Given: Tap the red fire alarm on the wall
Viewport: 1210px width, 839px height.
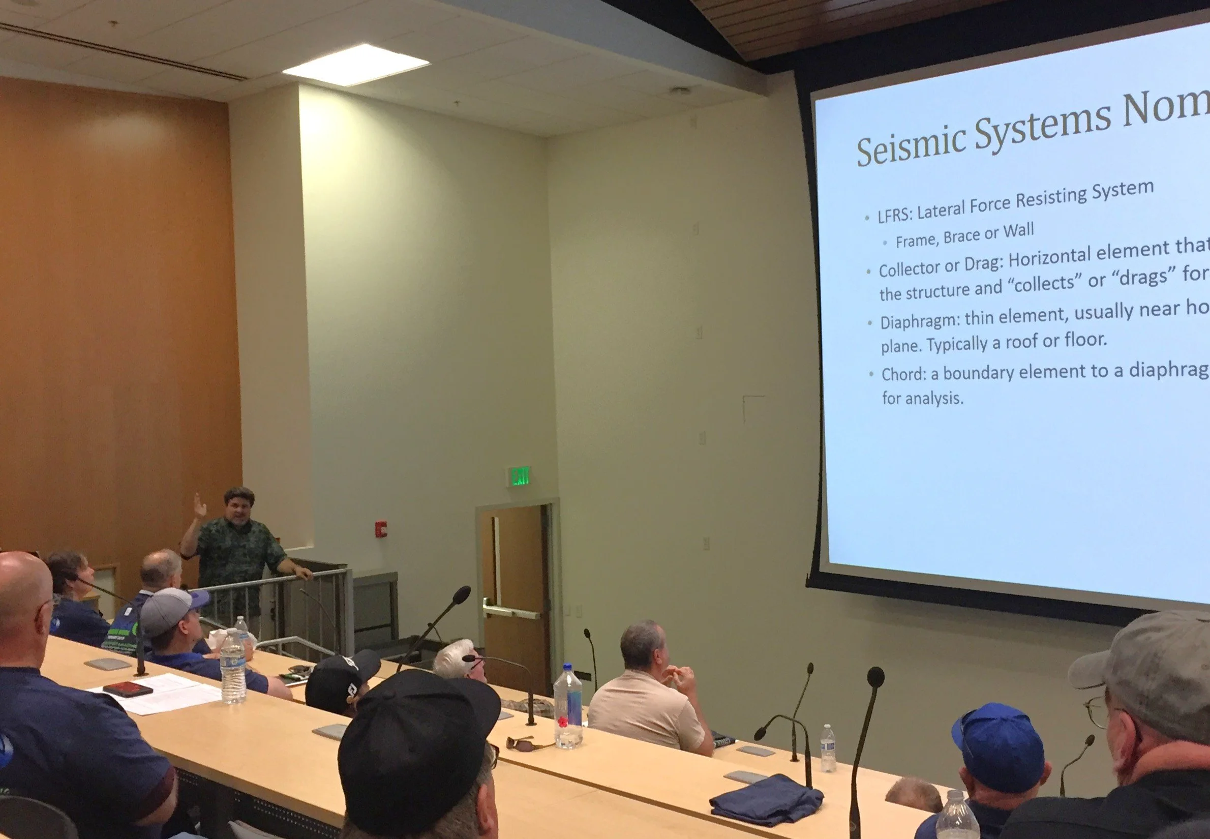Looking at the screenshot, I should click(x=381, y=527).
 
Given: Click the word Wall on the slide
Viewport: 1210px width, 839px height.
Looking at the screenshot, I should click(x=1019, y=230).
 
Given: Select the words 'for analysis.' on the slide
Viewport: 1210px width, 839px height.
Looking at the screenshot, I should click(x=922, y=398).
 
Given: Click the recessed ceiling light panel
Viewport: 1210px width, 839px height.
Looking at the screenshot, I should click(x=356, y=65).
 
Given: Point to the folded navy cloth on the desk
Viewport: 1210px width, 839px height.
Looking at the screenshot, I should click(x=767, y=799).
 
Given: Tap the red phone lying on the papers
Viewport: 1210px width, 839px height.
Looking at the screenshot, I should click(x=120, y=689).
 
